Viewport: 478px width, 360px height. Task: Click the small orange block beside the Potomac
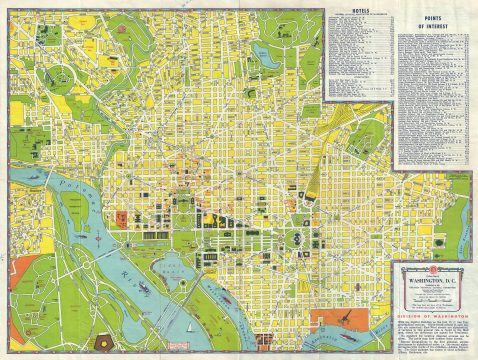tap(122, 217)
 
